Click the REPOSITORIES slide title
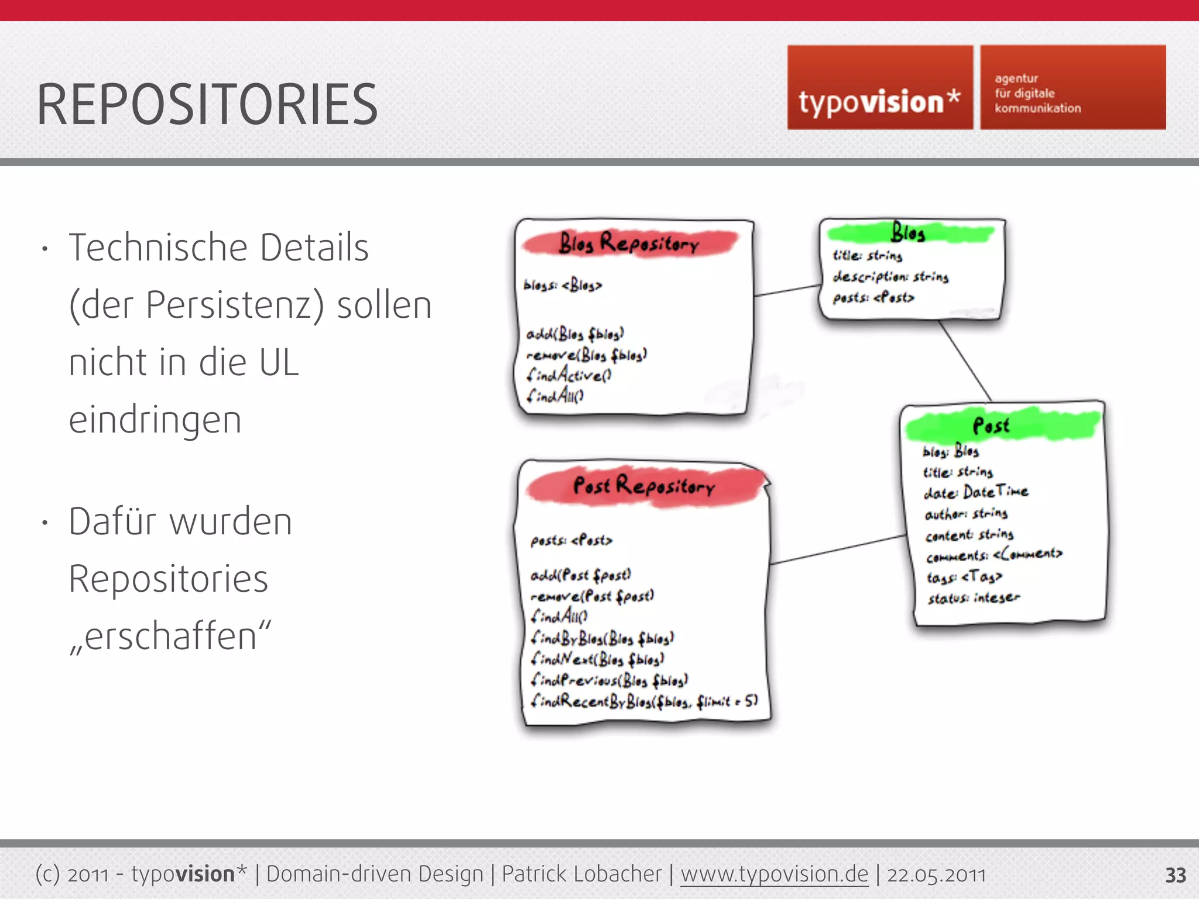click(207, 105)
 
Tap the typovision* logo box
click(879, 88)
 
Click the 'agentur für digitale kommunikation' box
click(1073, 88)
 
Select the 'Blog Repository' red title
click(629, 243)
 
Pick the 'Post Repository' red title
click(644, 486)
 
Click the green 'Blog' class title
click(908, 233)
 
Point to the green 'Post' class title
click(991, 426)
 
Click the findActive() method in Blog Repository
click(569, 375)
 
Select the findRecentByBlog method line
click(644, 701)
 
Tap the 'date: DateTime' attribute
click(976, 492)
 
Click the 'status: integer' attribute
click(974, 598)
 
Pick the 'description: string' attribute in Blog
click(890, 276)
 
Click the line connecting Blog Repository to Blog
click(787, 290)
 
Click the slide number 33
click(1175, 875)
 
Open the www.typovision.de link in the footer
click(774, 874)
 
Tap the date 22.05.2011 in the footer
click(936, 874)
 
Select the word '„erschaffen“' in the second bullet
click(170, 636)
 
